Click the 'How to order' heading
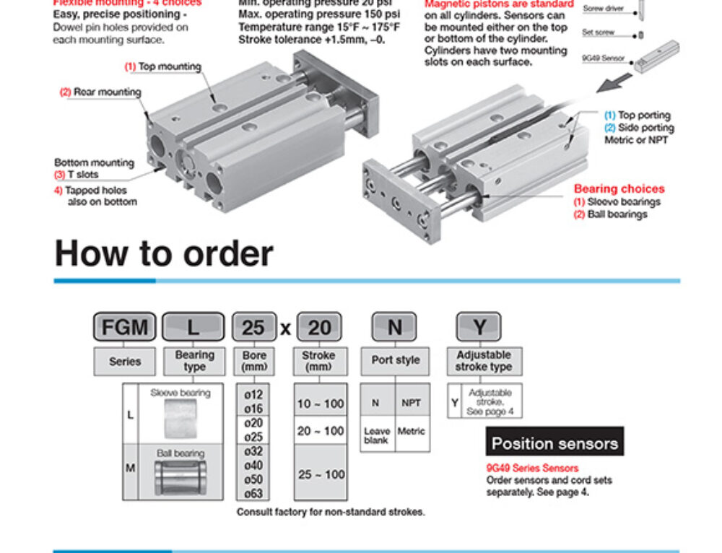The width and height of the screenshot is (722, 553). (164, 254)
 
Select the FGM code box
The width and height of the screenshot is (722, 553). (125, 328)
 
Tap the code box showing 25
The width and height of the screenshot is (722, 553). (253, 328)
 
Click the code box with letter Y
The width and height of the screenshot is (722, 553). (479, 328)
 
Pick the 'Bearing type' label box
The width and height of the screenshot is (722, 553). (194, 361)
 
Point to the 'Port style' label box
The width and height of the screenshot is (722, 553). (395, 360)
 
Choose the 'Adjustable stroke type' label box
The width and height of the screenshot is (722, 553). (483, 361)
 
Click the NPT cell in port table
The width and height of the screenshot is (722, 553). (412, 403)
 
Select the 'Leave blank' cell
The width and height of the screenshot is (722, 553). (377, 435)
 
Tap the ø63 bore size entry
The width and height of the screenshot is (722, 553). (253, 494)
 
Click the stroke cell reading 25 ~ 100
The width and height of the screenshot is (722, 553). (321, 474)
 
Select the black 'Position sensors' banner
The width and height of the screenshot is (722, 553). (554, 443)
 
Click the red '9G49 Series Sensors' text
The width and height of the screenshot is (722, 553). (532, 469)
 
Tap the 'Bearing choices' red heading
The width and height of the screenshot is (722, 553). (619, 189)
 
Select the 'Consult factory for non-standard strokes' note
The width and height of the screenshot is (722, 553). (331, 513)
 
